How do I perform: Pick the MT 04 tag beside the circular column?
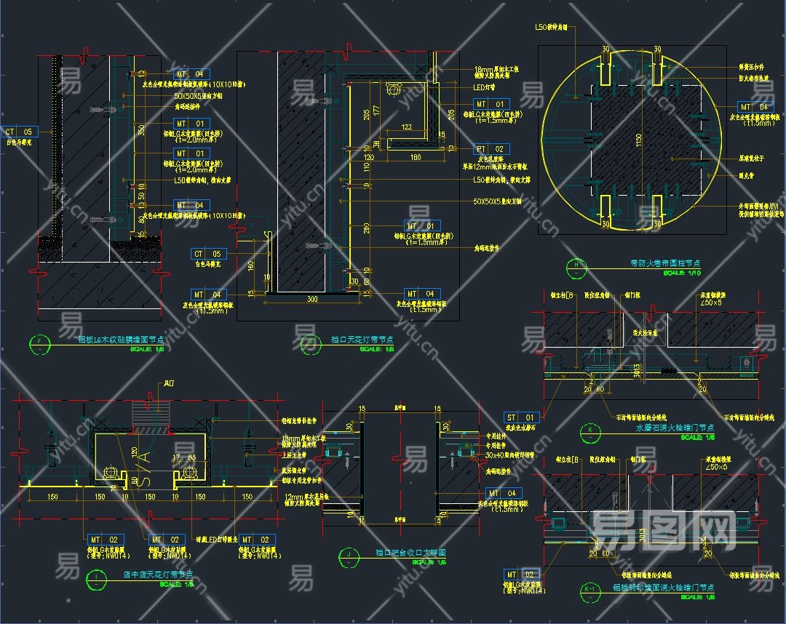click(754, 108)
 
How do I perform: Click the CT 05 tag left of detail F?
click(20, 132)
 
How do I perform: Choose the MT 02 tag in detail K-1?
click(522, 575)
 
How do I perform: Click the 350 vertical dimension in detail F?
click(140, 130)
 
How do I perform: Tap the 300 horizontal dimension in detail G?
click(313, 299)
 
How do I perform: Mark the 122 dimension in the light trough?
click(406, 127)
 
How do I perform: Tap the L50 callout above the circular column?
click(555, 27)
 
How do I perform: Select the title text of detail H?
click(670, 263)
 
